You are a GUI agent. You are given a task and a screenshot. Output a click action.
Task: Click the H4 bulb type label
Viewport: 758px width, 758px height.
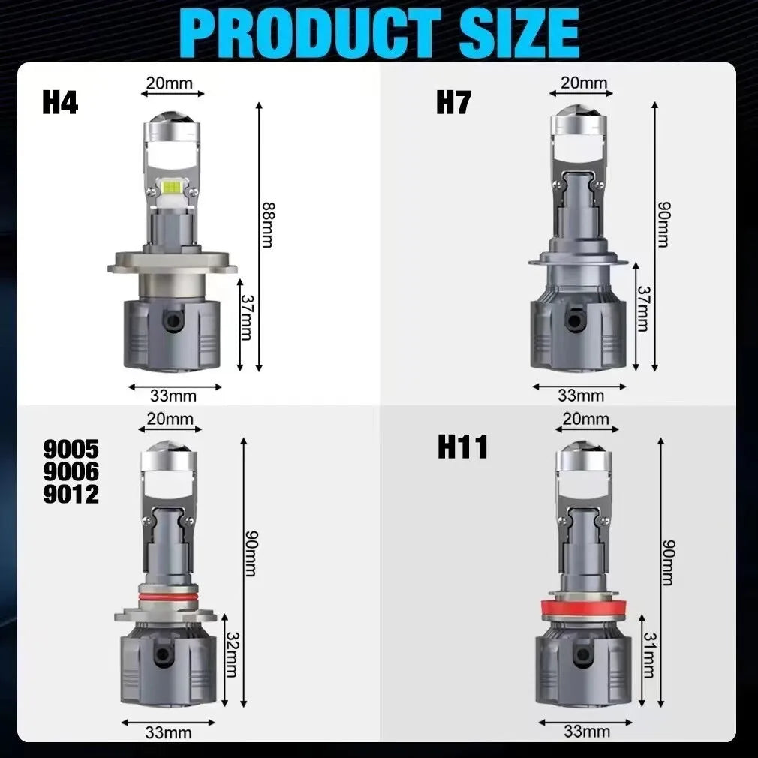tap(60, 103)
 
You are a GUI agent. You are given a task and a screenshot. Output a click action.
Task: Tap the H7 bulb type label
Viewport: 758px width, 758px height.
tap(453, 103)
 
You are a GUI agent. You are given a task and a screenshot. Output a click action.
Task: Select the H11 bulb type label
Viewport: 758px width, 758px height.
tap(462, 447)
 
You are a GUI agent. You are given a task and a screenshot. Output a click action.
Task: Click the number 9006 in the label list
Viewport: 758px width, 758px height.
tap(71, 471)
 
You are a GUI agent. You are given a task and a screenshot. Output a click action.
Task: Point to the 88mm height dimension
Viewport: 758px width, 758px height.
tap(268, 225)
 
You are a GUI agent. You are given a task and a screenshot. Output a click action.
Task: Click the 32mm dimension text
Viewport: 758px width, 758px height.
tap(232, 654)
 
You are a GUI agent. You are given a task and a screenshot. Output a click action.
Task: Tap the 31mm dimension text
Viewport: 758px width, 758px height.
tap(650, 655)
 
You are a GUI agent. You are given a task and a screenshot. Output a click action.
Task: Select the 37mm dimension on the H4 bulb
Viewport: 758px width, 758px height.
tap(247, 317)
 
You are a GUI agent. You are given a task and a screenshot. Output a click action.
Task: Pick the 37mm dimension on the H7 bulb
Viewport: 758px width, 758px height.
tap(643, 309)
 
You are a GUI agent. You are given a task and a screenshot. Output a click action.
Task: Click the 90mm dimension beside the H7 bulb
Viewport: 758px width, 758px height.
tap(665, 225)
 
